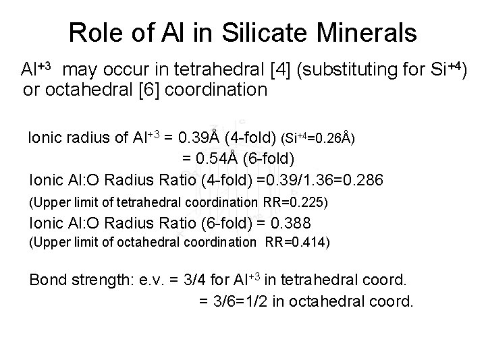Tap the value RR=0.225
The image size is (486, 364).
pyautogui.click(x=294, y=202)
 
